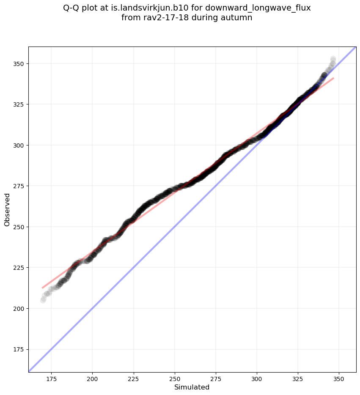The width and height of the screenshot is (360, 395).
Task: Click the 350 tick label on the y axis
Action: (19, 63)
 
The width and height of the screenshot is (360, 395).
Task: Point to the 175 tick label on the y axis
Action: (19, 349)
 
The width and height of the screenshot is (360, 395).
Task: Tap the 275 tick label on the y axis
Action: (19, 186)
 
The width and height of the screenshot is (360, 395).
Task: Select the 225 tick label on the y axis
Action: (19, 268)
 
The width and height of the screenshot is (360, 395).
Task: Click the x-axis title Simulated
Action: (192, 387)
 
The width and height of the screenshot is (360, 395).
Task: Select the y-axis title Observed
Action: (7, 209)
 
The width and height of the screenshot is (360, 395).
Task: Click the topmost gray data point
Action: (333, 59)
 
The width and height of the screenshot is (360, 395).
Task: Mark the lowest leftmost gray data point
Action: (43, 300)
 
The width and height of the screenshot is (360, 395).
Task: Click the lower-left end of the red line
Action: (42, 288)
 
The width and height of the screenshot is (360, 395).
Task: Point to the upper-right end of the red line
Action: (334, 78)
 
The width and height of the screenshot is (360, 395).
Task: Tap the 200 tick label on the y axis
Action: (19, 309)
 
